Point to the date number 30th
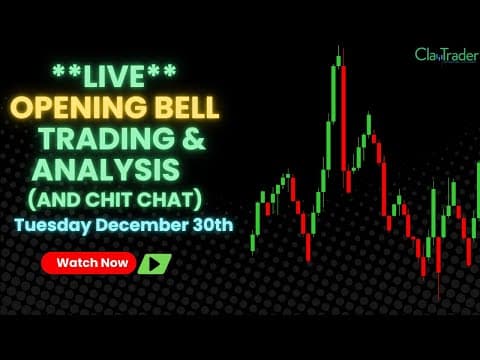[211, 223]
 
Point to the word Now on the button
[112, 264]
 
